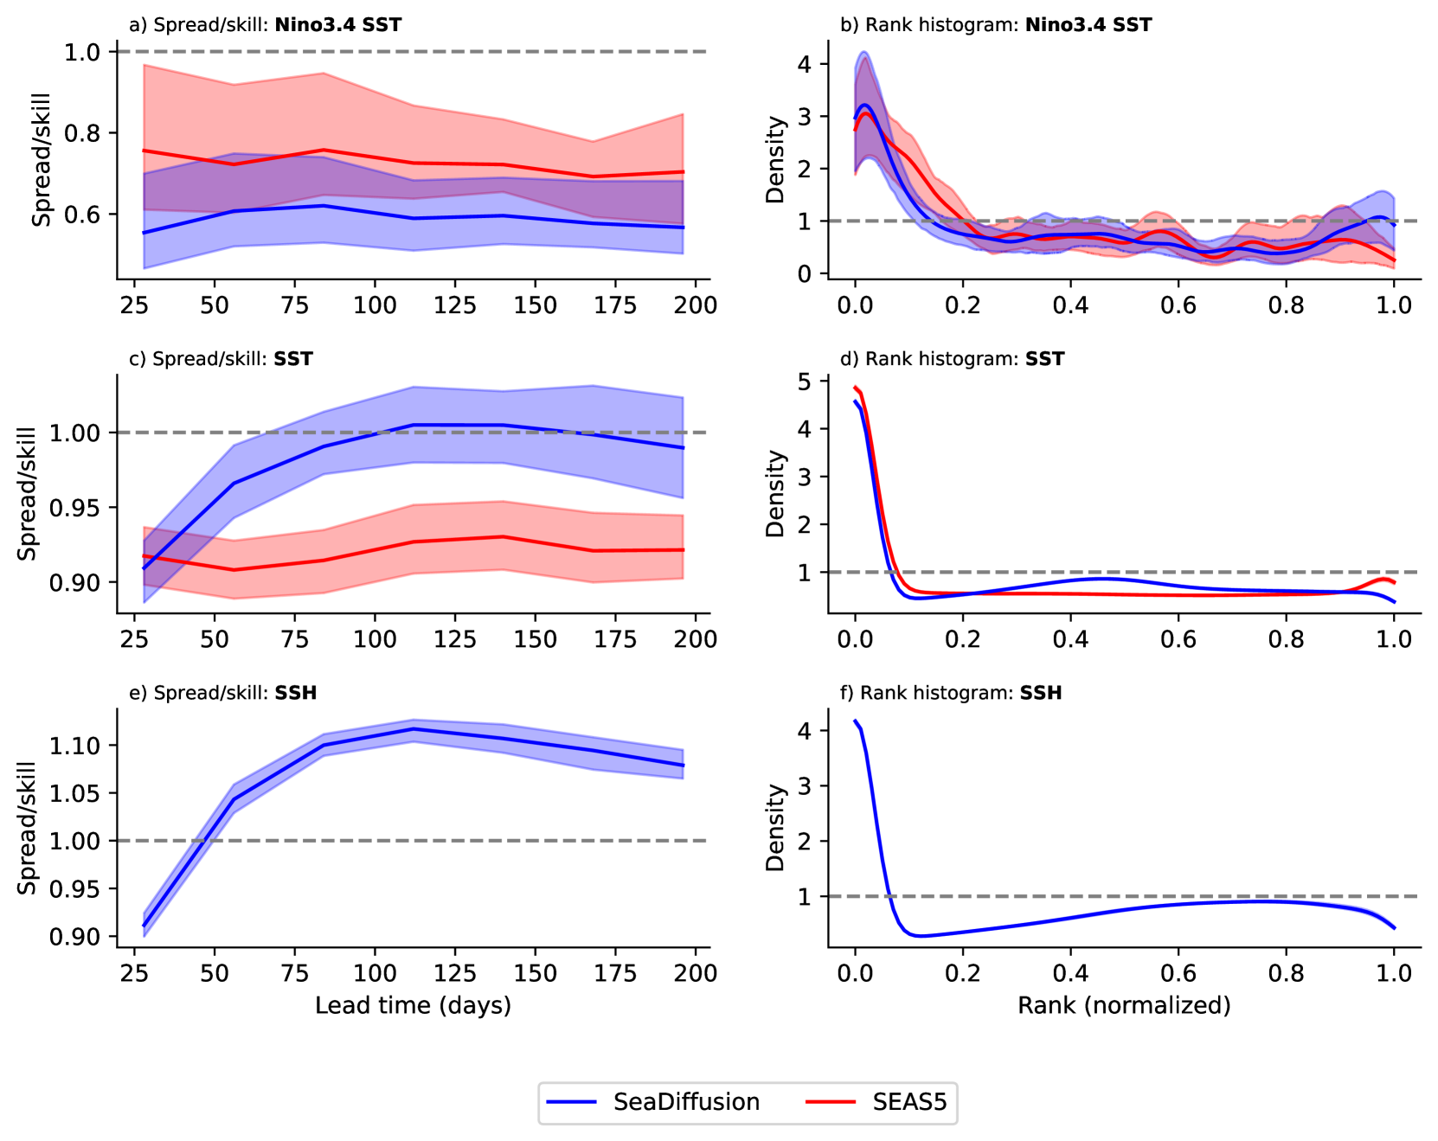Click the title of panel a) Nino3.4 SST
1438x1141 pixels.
(265, 25)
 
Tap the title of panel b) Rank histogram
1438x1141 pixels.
(996, 25)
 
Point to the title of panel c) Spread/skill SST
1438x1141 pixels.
(221, 359)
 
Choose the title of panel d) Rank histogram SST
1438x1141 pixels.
(952, 359)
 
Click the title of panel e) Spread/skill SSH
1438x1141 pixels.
(222, 693)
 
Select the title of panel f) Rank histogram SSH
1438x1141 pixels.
(951, 693)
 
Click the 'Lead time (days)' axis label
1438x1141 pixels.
(413, 1005)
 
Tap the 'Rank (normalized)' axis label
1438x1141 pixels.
(1124, 1005)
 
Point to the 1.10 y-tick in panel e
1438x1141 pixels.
(75, 746)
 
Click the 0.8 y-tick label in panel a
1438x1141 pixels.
(82, 133)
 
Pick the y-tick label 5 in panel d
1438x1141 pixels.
(804, 381)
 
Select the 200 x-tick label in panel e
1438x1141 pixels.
(695, 973)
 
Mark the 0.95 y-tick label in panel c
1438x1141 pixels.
(75, 508)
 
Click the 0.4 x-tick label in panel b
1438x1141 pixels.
(1070, 305)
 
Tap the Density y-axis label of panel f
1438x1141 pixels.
(775, 828)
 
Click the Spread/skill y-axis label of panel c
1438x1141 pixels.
(28, 494)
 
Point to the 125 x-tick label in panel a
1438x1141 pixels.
(454, 305)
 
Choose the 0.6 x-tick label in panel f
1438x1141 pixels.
(1178, 973)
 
